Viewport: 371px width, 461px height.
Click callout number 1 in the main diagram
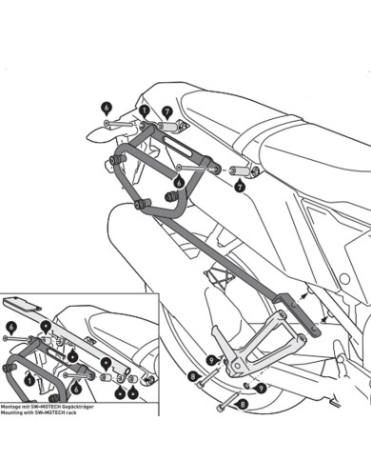(145, 111)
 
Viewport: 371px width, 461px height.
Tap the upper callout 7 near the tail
(166, 111)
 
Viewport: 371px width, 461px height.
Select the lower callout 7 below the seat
(239, 188)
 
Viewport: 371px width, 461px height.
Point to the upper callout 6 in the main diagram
(106, 109)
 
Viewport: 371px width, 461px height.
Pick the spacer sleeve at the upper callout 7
(171, 128)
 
